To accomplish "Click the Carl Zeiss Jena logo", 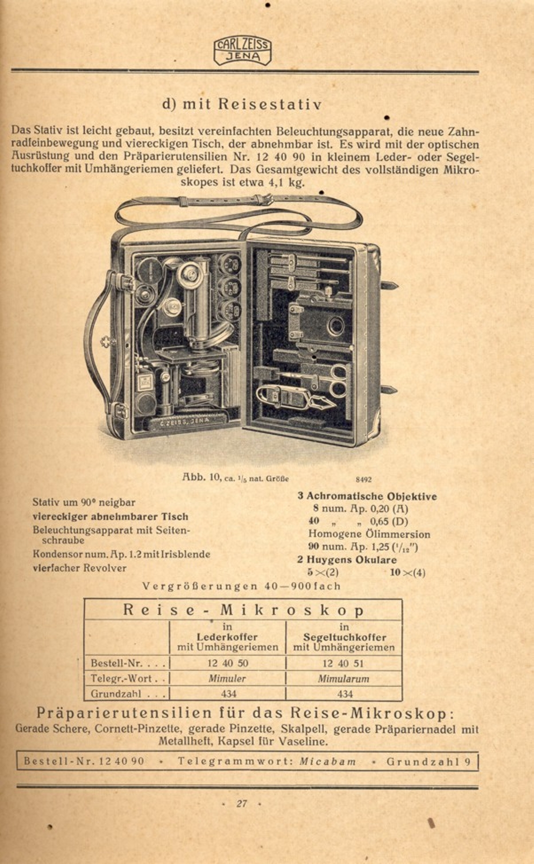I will tap(242, 51).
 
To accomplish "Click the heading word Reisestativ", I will tap(270, 104).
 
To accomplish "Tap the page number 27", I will tap(242, 803).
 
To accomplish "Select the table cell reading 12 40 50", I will tap(228, 663).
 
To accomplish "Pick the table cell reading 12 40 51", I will tap(344, 663).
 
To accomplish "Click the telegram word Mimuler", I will tap(228, 679).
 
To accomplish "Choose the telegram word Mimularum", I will tap(344, 679).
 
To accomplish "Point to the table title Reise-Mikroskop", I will tap(243, 610).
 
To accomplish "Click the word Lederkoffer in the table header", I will tap(228, 637).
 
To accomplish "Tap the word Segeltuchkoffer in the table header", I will tap(344, 637).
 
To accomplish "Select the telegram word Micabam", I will tap(327, 762).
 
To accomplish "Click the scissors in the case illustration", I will tap(338, 381).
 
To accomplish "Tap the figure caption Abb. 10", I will tap(201, 477).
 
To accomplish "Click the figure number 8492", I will tap(364, 479).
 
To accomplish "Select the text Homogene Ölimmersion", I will tap(369, 534).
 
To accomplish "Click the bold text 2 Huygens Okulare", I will tap(347, 560).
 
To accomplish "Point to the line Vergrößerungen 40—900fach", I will tap(242, 586).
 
